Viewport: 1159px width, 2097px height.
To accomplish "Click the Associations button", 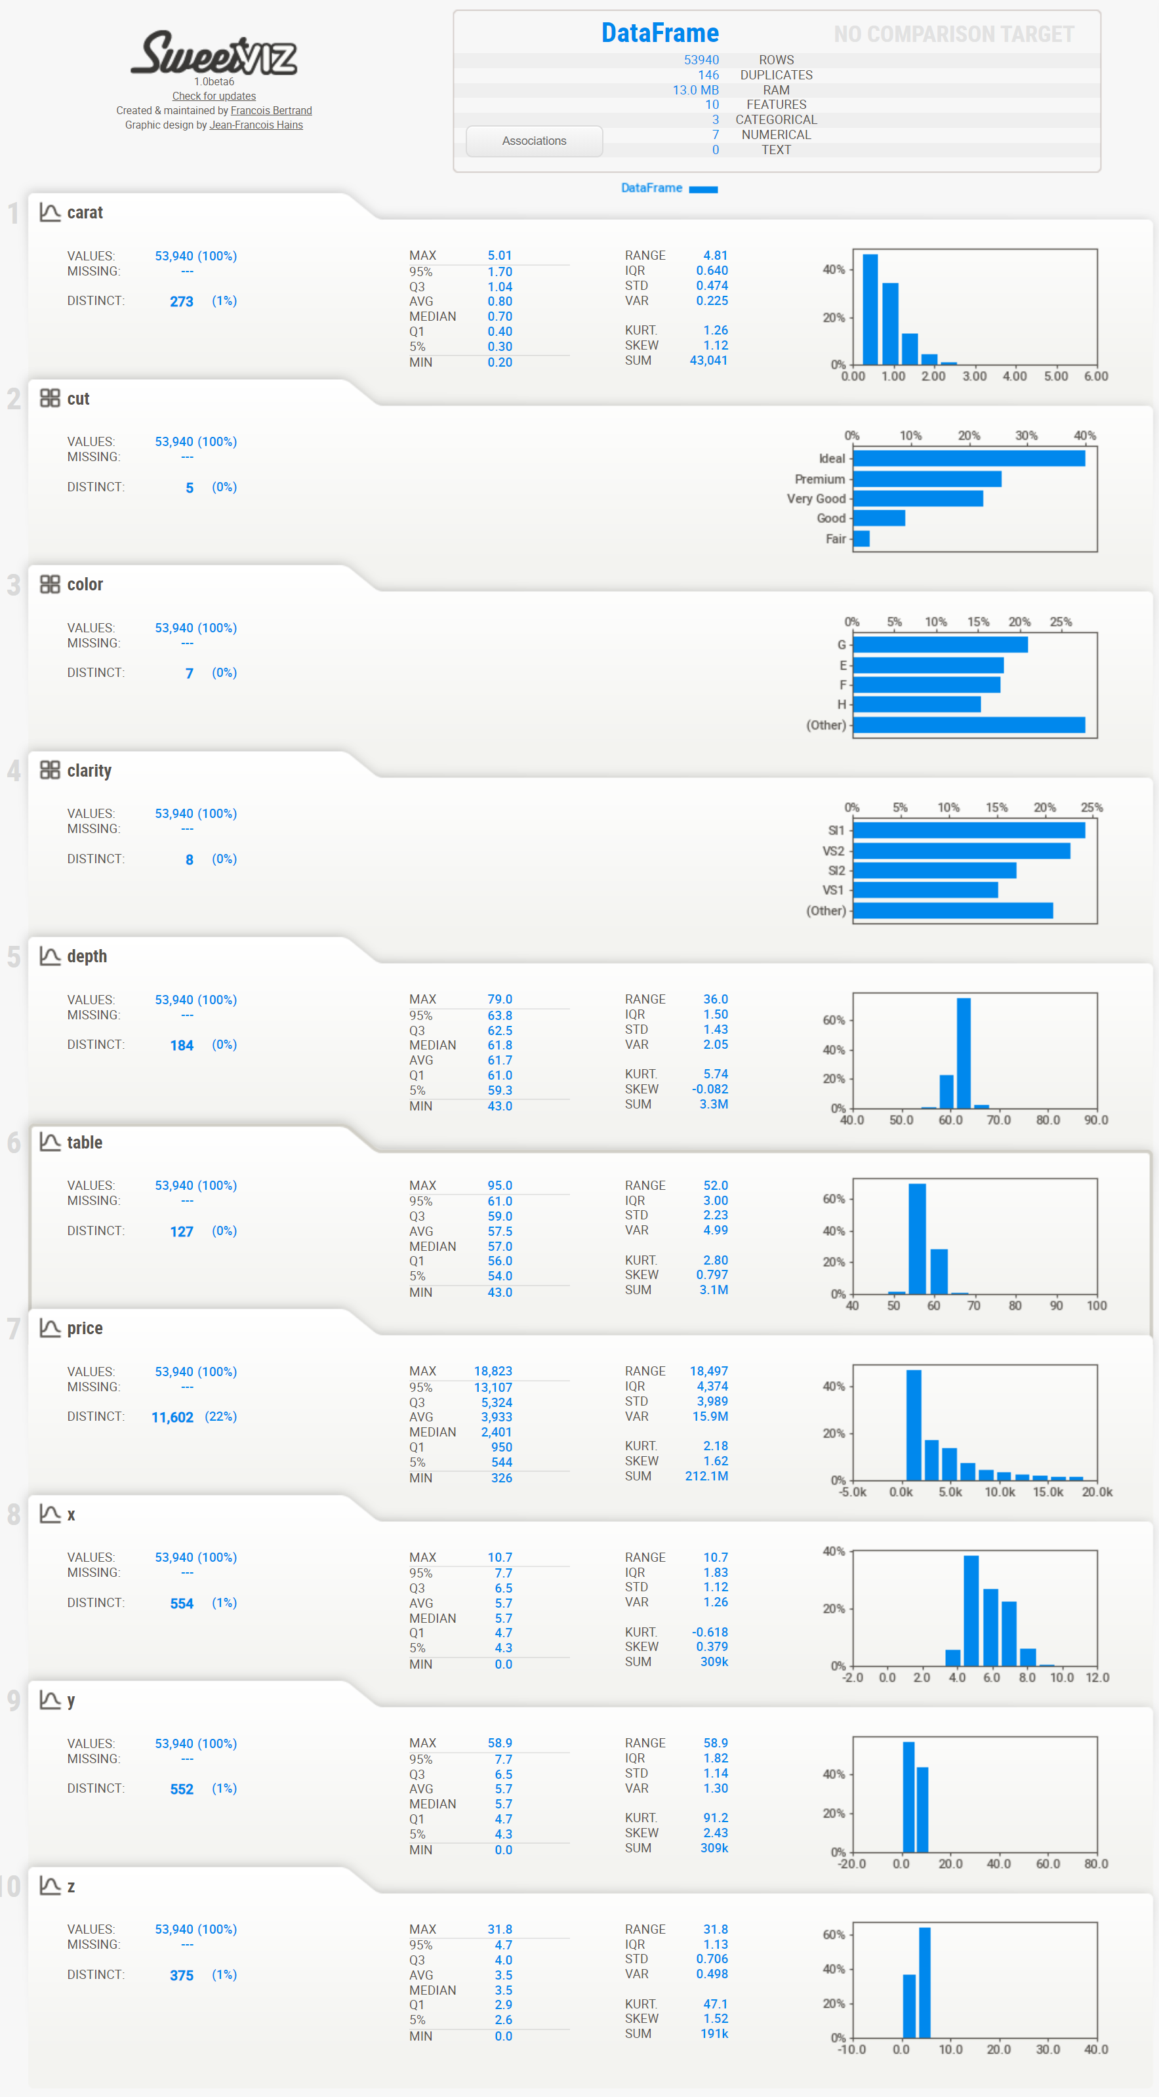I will (x=534, y=141).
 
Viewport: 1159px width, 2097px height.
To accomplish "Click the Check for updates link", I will (x=214, y=96).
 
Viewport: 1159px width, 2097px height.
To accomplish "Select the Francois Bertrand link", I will (x=271, y=111).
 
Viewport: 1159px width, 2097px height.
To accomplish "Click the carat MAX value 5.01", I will (x=500, y=256).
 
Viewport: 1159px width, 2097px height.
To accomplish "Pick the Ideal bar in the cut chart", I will (x=969, y=458).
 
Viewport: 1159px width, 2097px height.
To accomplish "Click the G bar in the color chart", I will (x=940, y=645).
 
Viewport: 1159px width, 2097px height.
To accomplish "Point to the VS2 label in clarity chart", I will (x=834, y=851).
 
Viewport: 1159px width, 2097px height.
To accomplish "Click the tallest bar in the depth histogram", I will (x=964, y=1053).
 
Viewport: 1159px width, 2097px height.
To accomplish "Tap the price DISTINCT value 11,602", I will (x=173, y=1417).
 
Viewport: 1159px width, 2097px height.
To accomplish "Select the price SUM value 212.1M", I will (x=706, y=1476).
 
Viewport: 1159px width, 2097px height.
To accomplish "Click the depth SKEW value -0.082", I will (x=710, y=1089).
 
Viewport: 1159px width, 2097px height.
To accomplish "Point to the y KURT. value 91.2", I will (x=716, y=1818).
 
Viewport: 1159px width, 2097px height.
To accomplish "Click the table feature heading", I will (x=85, y=1142).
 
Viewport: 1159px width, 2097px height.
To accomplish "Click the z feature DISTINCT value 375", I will (x=182, y=1976).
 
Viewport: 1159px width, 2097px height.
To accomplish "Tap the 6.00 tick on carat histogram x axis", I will (x=1095, y=376).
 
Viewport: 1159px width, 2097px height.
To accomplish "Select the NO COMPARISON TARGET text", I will (x=953, y=34).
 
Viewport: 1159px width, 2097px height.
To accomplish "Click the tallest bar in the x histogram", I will (x=971, y=1611).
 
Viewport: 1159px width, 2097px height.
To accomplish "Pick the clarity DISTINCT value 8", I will (x=190, y=860).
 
